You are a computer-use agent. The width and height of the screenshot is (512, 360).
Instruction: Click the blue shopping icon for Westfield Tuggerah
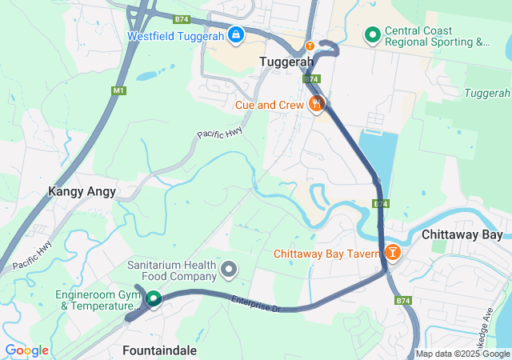(x=236, y=35)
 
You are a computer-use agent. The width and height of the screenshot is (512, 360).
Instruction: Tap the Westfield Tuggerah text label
(x=175, y=36)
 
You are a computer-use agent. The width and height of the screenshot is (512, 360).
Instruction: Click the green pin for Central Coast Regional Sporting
(x=372, y=35)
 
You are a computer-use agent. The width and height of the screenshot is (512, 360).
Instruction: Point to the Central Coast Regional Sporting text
(x=436, y=36)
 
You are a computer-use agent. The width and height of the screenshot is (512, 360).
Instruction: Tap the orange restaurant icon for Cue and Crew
(x=317, y=103)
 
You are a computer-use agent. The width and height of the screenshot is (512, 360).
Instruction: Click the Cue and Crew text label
(x=270, y=105)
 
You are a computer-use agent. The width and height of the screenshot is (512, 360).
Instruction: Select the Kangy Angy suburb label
(x=82, y=191)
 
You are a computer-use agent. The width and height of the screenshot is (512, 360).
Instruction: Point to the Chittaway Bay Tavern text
(x=326, y=254)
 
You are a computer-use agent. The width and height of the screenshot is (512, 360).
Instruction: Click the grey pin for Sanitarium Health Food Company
(x=230, y=269)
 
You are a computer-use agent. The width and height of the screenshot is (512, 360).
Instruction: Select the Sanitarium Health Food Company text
(x=172, y=270)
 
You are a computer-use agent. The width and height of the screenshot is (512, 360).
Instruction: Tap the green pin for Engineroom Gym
(x=152, y=298)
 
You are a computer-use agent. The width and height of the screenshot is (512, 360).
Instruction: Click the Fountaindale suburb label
(x=159, y=350)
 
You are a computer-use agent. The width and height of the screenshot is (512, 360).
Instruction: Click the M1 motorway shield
(x=119, y=90)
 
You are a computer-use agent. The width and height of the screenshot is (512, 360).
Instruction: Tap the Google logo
(x=26, y=350)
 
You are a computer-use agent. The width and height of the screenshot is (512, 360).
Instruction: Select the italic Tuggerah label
(x=487, y=94)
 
